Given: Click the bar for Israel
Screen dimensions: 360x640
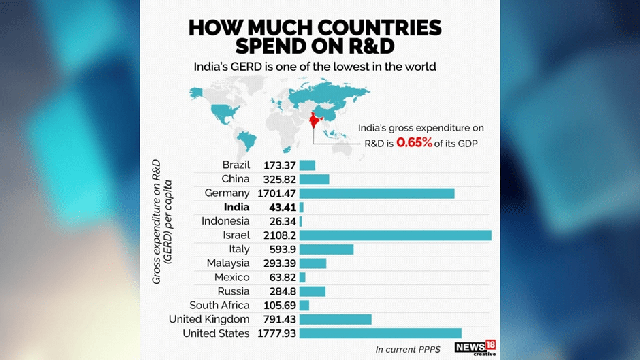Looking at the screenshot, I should point(395,235).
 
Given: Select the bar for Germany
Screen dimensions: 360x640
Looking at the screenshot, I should point(377,193).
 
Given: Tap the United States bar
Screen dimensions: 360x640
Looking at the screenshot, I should point(380,333).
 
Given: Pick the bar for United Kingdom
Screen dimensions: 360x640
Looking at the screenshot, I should point(335,319).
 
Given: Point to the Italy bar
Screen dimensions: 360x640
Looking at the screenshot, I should point(326,249).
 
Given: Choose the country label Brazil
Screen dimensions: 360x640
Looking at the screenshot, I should point(236,165).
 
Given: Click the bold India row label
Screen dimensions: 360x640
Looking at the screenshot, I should point(236,208).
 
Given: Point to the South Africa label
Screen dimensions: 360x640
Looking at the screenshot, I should point(219,306).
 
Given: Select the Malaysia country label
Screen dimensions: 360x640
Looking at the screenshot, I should point(228,263).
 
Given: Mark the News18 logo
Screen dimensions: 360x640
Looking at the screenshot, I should point(475,348).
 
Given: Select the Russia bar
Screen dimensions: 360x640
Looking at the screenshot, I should point(312,291).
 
